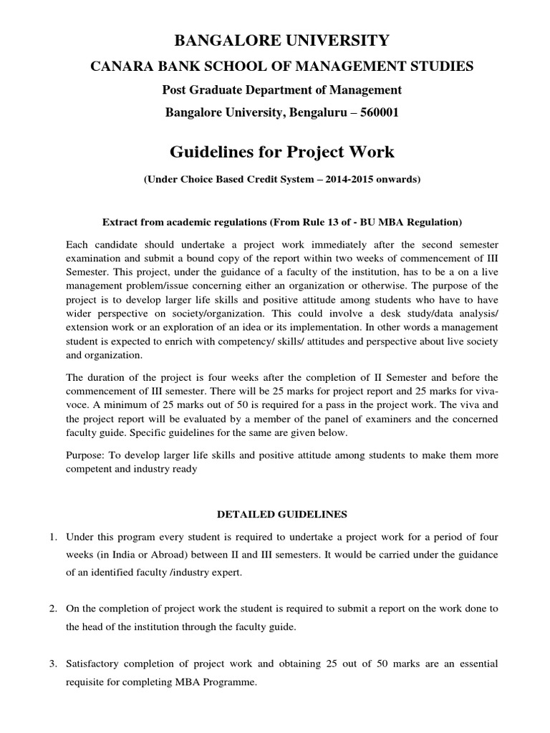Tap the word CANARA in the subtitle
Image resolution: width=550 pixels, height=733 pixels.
(x=115, y=67)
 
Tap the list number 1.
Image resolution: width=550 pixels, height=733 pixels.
(x=53, y=537)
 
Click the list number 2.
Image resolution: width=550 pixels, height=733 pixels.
(x=53, y=608)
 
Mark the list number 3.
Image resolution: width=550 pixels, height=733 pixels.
(x=53, y=664)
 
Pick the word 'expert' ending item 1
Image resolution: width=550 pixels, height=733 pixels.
(x=231, y=573)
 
